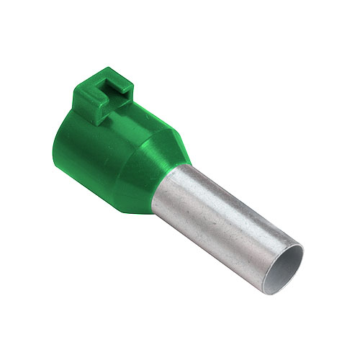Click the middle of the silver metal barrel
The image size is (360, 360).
click(x=223, y=216)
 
